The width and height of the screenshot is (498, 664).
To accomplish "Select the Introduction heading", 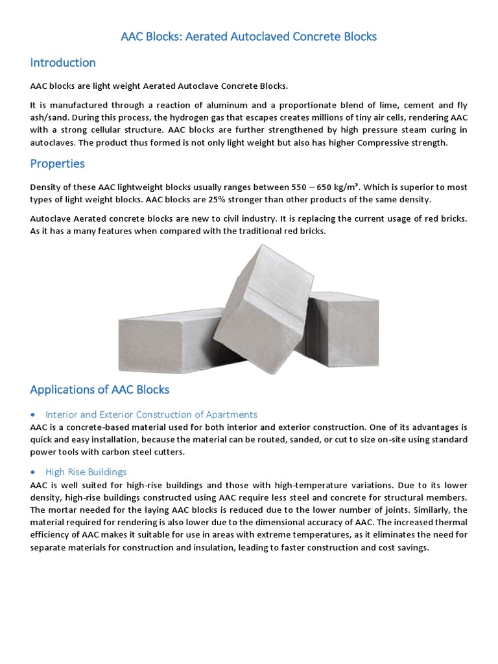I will tap(63, 63).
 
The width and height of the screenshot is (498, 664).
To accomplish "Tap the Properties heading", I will tap(57, 163).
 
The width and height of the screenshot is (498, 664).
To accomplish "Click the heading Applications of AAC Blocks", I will tap(100, 390).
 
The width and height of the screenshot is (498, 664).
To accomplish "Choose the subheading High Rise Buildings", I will tap(86, 472).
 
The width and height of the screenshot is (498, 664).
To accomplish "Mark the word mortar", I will tap(66, 510).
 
